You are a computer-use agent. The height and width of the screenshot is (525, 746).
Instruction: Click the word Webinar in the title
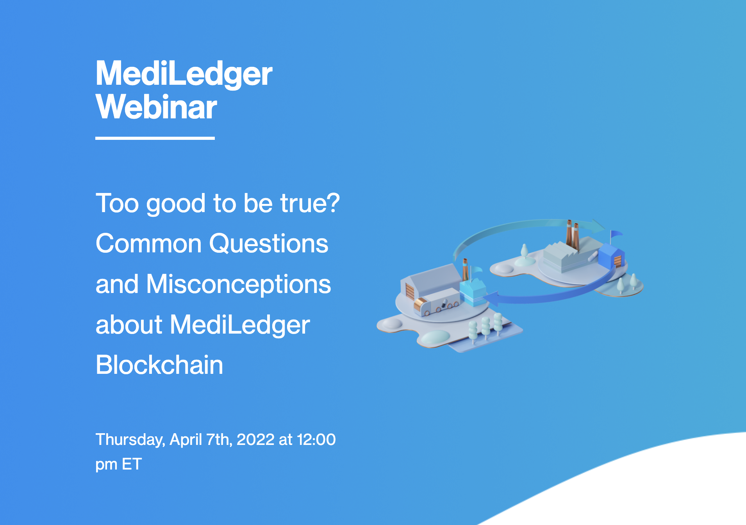[156, 107]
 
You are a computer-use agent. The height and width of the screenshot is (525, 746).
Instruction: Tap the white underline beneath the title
[155, 138]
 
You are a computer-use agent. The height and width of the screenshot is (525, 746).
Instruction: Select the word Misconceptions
[239, 285]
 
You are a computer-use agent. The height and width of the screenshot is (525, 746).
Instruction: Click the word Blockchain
[159, 365]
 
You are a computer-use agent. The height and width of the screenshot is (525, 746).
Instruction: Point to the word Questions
[269, 244]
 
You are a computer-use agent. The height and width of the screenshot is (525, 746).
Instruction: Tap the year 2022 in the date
[255, 439]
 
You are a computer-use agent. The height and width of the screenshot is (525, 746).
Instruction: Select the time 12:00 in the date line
[316, 439]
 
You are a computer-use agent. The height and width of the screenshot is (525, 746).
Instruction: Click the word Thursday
[130, 440]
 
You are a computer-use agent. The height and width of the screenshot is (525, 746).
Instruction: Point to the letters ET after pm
[132, 464]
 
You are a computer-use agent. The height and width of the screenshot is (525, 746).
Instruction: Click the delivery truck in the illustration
[437, 302]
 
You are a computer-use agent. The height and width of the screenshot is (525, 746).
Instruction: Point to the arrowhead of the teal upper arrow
[597, 226]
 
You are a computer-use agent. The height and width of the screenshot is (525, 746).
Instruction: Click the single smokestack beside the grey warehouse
[465, 269]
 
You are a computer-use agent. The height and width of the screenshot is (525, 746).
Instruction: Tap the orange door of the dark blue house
[618, 261]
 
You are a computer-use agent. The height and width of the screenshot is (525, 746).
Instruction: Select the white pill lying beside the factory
[593, 255]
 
